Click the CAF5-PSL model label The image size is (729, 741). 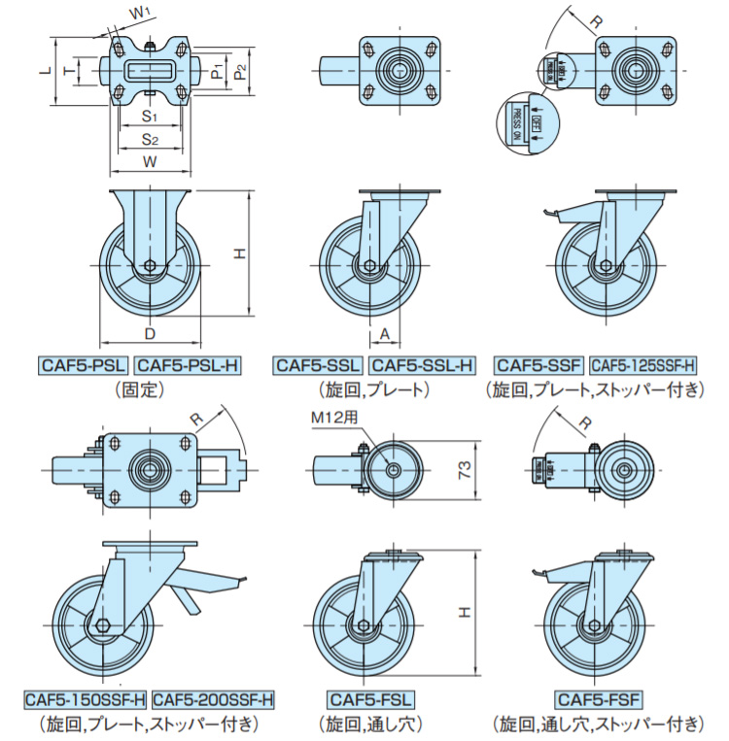tap(83, 365)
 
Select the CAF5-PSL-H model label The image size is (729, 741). tap(187, 365)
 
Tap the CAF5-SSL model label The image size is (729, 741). tap(317, 365)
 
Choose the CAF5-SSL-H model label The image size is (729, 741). tap(423, 365)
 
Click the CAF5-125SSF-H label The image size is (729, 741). tap(643, 365)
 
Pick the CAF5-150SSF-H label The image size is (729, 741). tap(86, 699)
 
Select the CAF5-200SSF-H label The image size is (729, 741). tap(214, 699)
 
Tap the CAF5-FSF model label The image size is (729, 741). tap(601, 699)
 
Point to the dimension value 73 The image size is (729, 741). tap(465, 470)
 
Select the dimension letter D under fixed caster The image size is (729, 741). tap(150, 334)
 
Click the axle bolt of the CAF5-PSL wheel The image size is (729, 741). tap(150, 266)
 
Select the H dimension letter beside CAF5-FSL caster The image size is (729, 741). tap(465, 612)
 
